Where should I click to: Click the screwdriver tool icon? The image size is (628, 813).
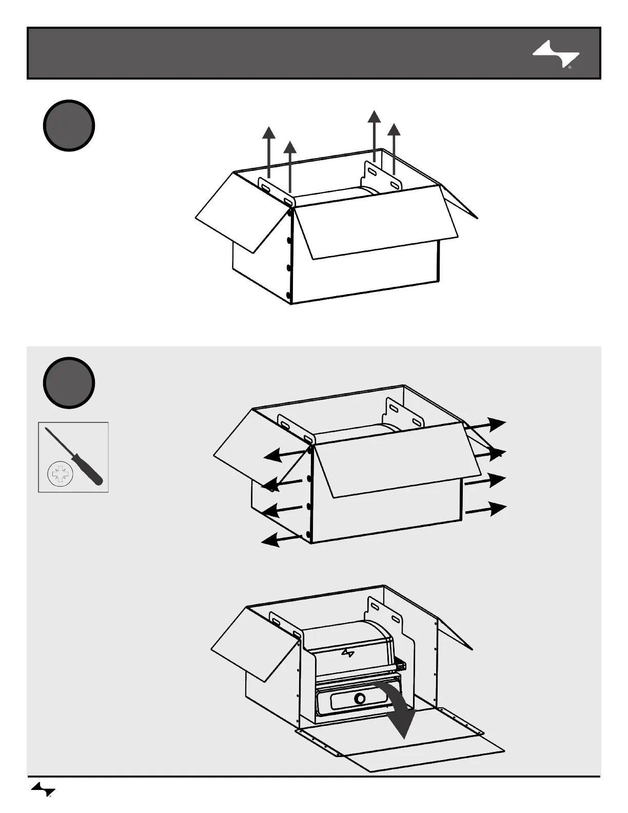click(x=75, y=456)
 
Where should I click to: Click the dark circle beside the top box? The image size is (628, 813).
click(x=69, y=125)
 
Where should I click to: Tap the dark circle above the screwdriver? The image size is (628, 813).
click(x=69, y=382)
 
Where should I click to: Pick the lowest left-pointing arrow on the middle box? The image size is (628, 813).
click(x=280, y=538)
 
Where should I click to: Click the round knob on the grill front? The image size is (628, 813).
click(x=360, y=699)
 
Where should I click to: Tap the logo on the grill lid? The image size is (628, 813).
click(x=348, y=653)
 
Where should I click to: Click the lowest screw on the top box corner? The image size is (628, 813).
click(x=288, y=295)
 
